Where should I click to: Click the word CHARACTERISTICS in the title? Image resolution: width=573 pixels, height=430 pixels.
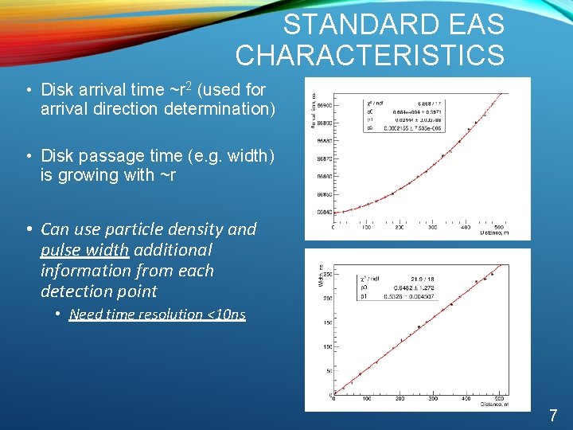coord(369,55)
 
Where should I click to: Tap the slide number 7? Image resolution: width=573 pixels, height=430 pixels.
coord(552,415)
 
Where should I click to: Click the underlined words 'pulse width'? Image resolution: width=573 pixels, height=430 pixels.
coord(84,250)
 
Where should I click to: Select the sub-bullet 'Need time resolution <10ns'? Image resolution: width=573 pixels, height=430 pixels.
coord(158,315)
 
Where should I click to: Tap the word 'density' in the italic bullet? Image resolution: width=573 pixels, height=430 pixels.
coord(193,229)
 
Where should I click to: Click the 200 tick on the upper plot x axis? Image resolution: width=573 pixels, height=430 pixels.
coord(399,227)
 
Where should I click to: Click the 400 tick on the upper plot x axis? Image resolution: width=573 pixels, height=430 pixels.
coord(465,227)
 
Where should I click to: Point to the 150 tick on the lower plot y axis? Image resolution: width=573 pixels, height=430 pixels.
coord(326,322)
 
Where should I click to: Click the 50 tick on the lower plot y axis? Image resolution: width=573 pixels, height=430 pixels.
coord(328,371)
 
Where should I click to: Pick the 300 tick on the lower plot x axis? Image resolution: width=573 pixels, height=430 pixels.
coord(433,399)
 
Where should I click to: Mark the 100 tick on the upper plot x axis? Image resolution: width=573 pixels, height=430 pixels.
coord(366,227)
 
